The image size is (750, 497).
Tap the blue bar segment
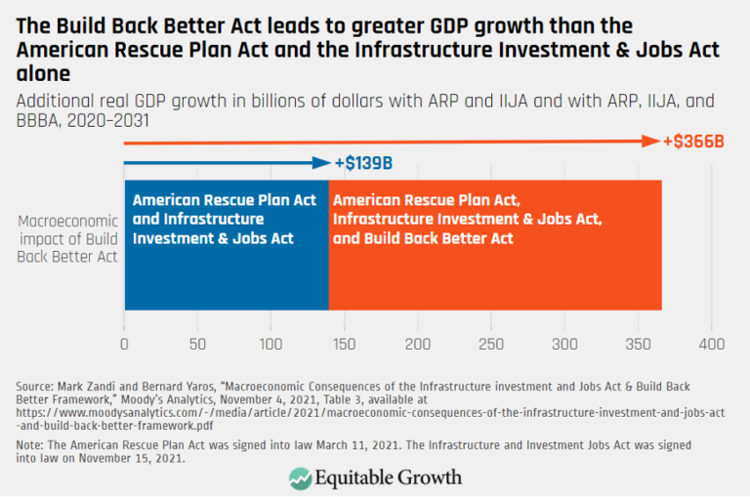[x=226, y=245]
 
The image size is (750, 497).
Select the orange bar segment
[x=495, y=245]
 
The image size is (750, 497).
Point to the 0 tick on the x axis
[x=124, y=345]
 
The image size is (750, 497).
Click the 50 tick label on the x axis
[x=197, y=345]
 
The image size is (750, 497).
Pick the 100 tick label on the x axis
[x=271, y=345]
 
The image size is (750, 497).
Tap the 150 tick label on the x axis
[x=344, y=345]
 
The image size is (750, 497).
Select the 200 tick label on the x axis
[x=418, y=345]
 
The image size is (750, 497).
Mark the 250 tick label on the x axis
[x=491, y=345]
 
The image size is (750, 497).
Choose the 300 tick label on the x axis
[x=564, y=345]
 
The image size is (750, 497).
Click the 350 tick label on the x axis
[x=638, y=345]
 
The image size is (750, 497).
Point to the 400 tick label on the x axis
[x=711, y=345]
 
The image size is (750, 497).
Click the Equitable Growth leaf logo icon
[x=300, y=477]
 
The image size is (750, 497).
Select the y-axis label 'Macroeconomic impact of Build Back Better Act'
[x=65, y=239]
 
